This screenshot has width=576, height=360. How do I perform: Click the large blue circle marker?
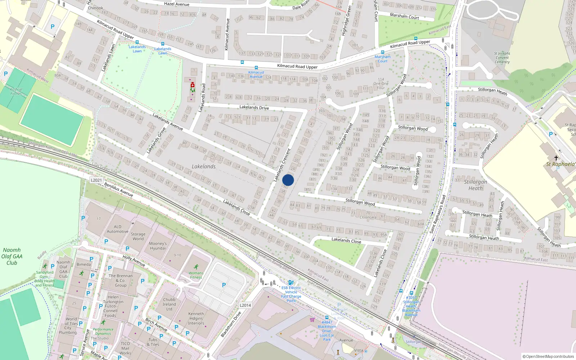(288, 180)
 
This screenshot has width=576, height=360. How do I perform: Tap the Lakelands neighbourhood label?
(204, 166)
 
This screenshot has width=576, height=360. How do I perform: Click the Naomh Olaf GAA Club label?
(12, 256)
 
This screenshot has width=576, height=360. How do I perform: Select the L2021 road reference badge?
(96, 180)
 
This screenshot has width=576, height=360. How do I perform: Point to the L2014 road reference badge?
(245, 305)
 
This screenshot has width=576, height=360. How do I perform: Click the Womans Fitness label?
(196, 275)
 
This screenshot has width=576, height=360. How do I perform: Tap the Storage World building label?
(138, 236)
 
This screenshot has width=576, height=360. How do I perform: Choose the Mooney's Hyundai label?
(158, 246)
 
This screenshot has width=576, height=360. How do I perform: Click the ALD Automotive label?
(117, 229)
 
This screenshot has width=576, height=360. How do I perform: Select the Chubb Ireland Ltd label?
(169, 304)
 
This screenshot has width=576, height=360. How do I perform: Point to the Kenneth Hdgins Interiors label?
(196, 318)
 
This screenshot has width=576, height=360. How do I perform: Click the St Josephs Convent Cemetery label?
(502, 58)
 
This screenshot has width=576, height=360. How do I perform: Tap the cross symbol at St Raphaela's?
(556, 158)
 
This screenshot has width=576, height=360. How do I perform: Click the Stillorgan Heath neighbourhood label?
(475, 185)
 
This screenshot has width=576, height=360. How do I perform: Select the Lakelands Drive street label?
(254, 107)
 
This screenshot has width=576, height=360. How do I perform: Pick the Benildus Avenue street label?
(118, 190)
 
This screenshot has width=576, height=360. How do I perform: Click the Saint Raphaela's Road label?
(438, 214)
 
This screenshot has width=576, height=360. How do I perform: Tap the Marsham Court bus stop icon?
(382, 52)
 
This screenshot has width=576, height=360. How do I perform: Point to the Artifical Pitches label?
(16, 91)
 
